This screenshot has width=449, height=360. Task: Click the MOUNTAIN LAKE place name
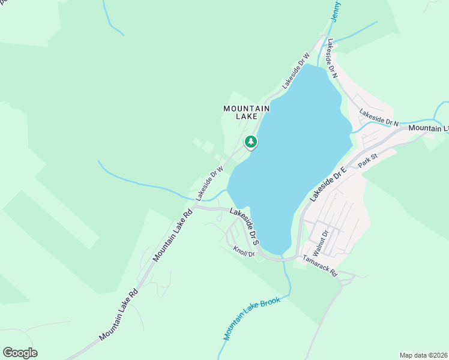click(x=246, y=112)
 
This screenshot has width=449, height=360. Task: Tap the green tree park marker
click(x=250, y=142)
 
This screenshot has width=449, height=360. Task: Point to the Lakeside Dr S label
click(x=245, y=225)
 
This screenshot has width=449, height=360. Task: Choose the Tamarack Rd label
click(x=321, y=265)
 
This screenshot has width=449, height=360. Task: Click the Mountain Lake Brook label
click(x=252, y=318)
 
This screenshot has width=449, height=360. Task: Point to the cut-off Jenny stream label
click(x=335, y=11)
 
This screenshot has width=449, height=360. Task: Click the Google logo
click(x=20, y=353)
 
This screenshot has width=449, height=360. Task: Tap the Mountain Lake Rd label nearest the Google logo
click(x=119, y=313)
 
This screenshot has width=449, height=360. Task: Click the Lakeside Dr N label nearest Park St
click(x=379, y=117)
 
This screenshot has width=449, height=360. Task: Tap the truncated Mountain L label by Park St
click(x=429, y=128)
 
